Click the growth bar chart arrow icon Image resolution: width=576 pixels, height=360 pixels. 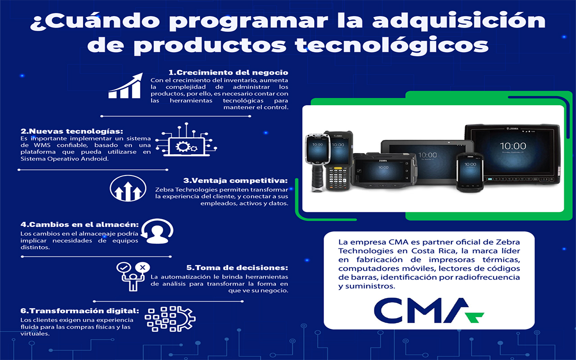coord(125,85)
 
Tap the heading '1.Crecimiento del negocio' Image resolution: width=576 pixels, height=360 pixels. coord(228,72)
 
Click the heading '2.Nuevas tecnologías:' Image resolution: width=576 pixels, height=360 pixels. coord(72,131)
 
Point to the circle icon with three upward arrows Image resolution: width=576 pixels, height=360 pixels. coord(128,188)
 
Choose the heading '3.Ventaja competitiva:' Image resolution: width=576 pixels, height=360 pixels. coord(235,180)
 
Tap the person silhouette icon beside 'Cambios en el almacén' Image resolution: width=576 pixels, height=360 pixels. coord(157,231)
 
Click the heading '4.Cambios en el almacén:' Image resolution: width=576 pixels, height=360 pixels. coord(80,225)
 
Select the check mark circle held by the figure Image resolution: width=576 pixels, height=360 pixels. coord(124,268)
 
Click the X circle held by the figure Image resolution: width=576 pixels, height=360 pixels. coord(143,267)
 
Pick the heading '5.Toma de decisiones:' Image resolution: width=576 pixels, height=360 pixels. coord(237,268)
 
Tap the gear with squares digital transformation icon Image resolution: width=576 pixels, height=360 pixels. coord(170,319)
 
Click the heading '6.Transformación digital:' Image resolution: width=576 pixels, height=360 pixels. coord(80,311)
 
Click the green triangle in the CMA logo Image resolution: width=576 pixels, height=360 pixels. coord(476,317)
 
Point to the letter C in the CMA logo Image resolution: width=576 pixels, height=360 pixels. coord(388,310)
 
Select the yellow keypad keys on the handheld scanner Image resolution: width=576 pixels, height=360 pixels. coord(338,168)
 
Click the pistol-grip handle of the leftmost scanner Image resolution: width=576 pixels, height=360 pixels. coord(317,178)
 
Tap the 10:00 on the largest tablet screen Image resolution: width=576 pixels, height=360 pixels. coord(513,146)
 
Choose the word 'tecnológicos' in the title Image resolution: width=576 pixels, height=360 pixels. coord(391,46)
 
